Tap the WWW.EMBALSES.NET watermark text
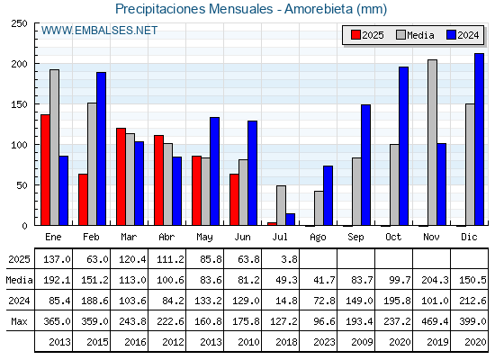(99, 31)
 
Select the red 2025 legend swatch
(355, 35)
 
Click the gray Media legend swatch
(400, 35)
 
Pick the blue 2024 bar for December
(479, 139)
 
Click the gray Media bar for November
(432, 142)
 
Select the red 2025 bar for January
(45, 170)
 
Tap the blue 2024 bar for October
(404, 146)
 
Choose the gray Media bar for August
(319, 208)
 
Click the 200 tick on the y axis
(20, 64)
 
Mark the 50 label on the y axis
(22, 185)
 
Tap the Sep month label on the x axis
(355, 238)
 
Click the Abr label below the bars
(166, 237)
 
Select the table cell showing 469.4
(435, 321)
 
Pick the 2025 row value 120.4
(132, 259)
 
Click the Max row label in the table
(19, 321)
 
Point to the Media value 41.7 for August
(324, 280)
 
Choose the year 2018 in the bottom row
(286, 342)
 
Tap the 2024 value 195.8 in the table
(397, 301)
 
